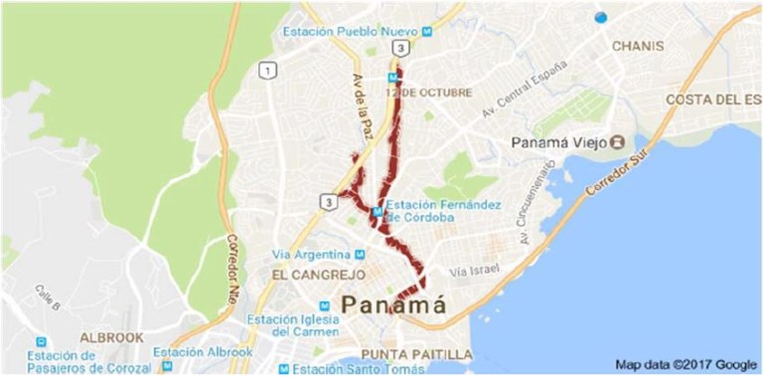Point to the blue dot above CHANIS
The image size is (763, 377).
point(599,17)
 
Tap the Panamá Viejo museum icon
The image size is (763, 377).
point(618,142)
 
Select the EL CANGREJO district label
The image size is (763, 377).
point(310,272)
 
